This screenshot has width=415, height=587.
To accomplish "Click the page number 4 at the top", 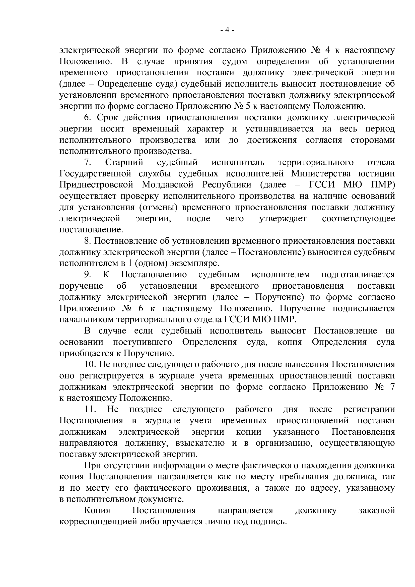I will coord(227,30).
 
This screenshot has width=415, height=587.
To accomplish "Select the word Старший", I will coord(124,162).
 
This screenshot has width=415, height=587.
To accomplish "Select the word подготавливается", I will coord(358,275).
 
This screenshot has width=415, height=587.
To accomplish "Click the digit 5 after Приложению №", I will coord(247,106).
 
